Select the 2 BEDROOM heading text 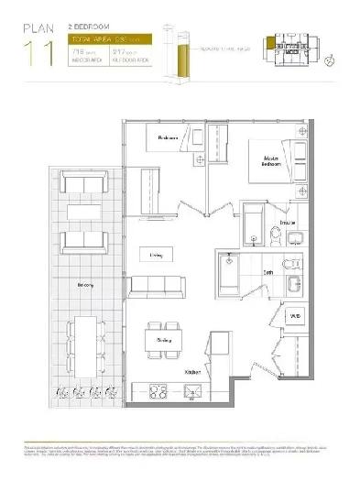(77, 28)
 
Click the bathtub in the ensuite (252, 223)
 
